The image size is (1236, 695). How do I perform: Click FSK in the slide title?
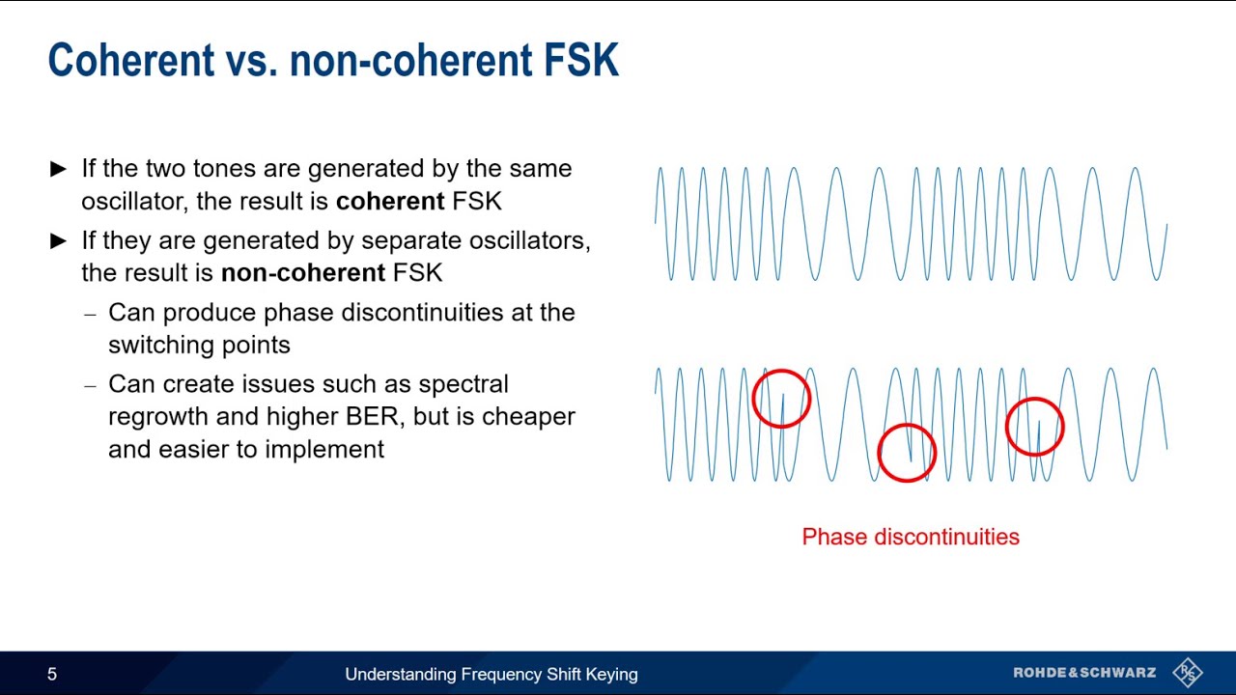click(580, 60)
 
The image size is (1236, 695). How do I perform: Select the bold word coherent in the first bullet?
click(389, 201)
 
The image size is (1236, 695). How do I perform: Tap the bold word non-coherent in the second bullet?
click(302, 273)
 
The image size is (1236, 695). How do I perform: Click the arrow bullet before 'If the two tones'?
click(58, 169)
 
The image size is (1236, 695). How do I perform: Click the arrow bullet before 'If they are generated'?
click(58, 241)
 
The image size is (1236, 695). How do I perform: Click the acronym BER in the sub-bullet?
click(372, 417)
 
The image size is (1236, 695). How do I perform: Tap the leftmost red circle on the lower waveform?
click(781, 399)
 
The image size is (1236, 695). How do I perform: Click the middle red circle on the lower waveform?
click(907, 453)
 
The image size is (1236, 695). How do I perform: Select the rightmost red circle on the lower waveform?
click(1034, 427)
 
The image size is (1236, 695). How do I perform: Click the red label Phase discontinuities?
click(910, 537)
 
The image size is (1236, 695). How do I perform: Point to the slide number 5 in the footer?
click(52, 675)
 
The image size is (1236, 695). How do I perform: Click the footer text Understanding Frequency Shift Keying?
click(491, 675)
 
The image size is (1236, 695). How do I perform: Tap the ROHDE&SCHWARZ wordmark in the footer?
click(1083, 673)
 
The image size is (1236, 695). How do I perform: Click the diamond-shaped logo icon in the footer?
click(1187, 673)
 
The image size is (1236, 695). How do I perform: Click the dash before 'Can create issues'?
click(91, 386)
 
